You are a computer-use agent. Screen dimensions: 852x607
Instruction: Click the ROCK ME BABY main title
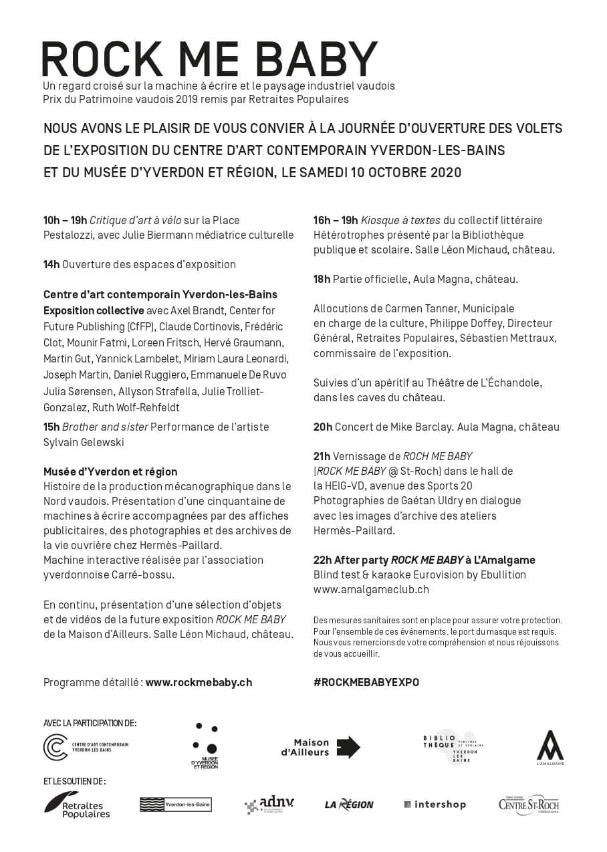(209, 60)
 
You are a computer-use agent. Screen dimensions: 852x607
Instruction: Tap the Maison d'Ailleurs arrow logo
(320, 747)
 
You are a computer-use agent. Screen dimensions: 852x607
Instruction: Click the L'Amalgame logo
(550, 747)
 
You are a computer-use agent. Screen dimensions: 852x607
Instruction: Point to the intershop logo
(435, 805)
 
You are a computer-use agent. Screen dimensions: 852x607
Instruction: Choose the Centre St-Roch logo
(528, 805)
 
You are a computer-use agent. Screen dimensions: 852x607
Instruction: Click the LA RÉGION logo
(349, 805)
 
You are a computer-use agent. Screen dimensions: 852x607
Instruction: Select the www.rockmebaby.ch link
(199, 683)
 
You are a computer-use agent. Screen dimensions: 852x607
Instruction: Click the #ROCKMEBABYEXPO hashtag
(366, 683)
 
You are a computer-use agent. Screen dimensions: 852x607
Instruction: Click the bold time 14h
(51, 264)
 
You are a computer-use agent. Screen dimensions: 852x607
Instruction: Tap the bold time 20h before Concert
(322, 427)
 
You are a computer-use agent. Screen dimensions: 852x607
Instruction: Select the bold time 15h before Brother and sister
(51, 427)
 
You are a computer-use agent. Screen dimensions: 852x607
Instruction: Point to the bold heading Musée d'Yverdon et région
(110, 471)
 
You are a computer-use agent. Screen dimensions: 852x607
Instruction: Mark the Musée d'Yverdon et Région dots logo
(205, 746)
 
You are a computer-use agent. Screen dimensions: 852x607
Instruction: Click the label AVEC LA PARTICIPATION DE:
(90, 723)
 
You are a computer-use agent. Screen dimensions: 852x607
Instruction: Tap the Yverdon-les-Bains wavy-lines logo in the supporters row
(175, 805)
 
